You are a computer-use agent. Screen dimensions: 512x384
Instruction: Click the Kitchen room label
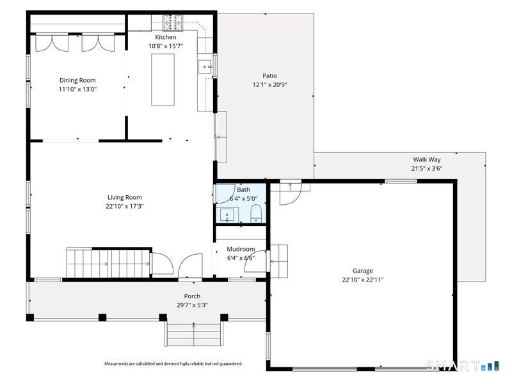tap(166, 37)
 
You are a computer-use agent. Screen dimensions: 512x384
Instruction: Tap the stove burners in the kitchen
tap(173, 23)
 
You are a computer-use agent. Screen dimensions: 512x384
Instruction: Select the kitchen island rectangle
tap(163, 79)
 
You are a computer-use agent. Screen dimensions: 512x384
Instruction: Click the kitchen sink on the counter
tap(205, 67)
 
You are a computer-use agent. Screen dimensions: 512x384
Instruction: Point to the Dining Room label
tap(77, 81)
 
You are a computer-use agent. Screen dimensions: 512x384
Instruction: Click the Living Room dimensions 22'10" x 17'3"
tap(125, 206)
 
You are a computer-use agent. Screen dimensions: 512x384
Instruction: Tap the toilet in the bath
tap(256, 213)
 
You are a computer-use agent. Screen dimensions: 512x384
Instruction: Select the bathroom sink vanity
tap(227, 215)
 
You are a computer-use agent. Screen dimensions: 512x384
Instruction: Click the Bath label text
tap(244, 189)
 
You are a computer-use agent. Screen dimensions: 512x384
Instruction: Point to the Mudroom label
tap(241, 249)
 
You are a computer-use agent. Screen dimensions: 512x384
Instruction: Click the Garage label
tap(363, 271)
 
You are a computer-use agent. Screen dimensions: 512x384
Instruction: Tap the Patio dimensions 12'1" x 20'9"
tap(269, 85)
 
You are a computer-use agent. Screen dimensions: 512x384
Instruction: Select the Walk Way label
tap(427, 159)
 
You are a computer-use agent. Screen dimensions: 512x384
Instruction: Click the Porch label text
tap(193, 296)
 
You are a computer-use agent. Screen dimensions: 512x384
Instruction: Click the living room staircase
tap(108, 262)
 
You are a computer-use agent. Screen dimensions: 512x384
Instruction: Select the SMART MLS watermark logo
tap(462, 365)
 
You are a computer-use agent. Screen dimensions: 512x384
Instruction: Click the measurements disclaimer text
tap(173, 364)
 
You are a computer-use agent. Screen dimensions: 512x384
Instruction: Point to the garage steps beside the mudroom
tap(278, 261)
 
